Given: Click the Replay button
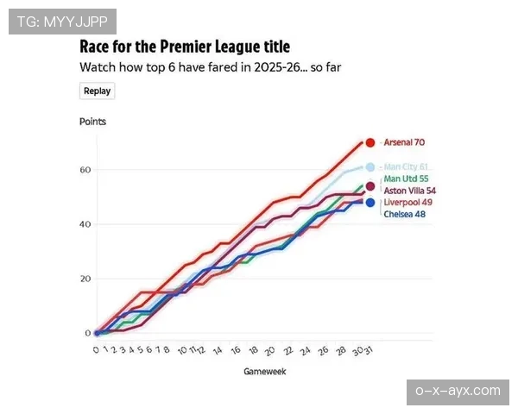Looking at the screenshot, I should [x=97, y=91].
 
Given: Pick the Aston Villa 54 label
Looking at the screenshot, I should [x=408, y=191].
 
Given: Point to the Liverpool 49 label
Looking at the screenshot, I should [x=407, y=203].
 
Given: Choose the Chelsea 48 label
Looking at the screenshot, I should [x=404, y=214].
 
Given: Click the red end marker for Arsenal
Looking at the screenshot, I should [x=370, y=142].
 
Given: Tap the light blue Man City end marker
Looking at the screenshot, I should [x=370, y=167].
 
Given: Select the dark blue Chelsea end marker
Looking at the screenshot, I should [x=370, y=203].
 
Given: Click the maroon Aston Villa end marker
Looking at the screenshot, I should [x=370, y=186].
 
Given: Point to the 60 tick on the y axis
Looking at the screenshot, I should [x=85, y=169].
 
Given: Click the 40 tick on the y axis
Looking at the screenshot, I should [x=85, y=224].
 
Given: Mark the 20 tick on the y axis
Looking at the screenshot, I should [x=85, y=279].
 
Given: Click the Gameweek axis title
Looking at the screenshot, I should [x=263, y=372].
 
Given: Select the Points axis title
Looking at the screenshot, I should [x=92, y=122].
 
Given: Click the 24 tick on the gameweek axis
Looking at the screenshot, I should [x=305, y=351].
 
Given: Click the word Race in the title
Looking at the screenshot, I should [x=96, y=47].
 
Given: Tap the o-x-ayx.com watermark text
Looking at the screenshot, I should [x=458, y=391].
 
